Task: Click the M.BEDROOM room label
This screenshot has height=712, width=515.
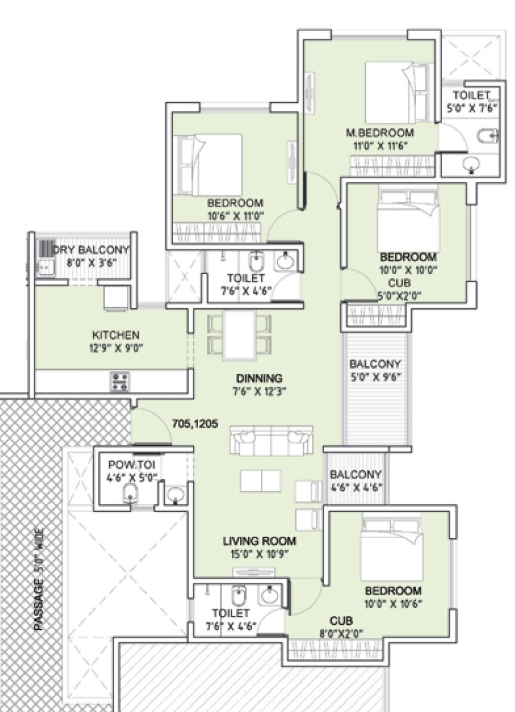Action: click(380, 133)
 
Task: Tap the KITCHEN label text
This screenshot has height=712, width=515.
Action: click(116, 334)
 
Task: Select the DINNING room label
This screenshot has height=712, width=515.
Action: click(259, 378)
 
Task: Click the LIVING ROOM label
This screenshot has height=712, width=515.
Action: click(260, 541)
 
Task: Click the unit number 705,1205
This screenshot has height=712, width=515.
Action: click(195, 423)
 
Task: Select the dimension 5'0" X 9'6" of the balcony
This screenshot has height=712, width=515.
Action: click(375, 376)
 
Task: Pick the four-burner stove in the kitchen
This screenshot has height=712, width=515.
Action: click(119, 381)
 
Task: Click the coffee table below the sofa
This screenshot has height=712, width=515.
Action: click(260, 481)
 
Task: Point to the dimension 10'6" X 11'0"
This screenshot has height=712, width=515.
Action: click(235, 216)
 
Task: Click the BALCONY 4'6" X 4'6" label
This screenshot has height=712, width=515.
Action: click(356, 480)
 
